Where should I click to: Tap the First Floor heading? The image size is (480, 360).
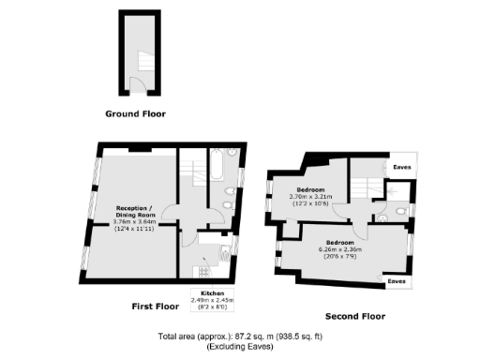[155, 306]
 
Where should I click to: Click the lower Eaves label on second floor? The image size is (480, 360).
[396, 279]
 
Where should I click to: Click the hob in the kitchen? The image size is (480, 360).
[200, 271]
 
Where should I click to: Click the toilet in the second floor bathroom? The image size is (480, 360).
[401, 213]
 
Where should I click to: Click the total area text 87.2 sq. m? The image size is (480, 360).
[239, 335]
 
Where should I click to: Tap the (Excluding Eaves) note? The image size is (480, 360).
[239, 346]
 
